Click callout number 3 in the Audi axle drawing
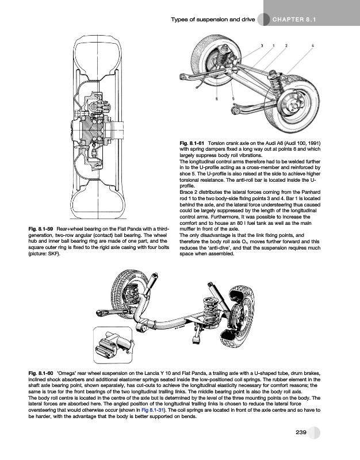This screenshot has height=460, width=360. pyautogui.click(x=262, y=45)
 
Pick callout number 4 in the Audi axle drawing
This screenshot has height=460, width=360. pyautogui.click(x=312, y=45)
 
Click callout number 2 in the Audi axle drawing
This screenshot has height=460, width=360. pyautogui.click(x=286, y=45)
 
